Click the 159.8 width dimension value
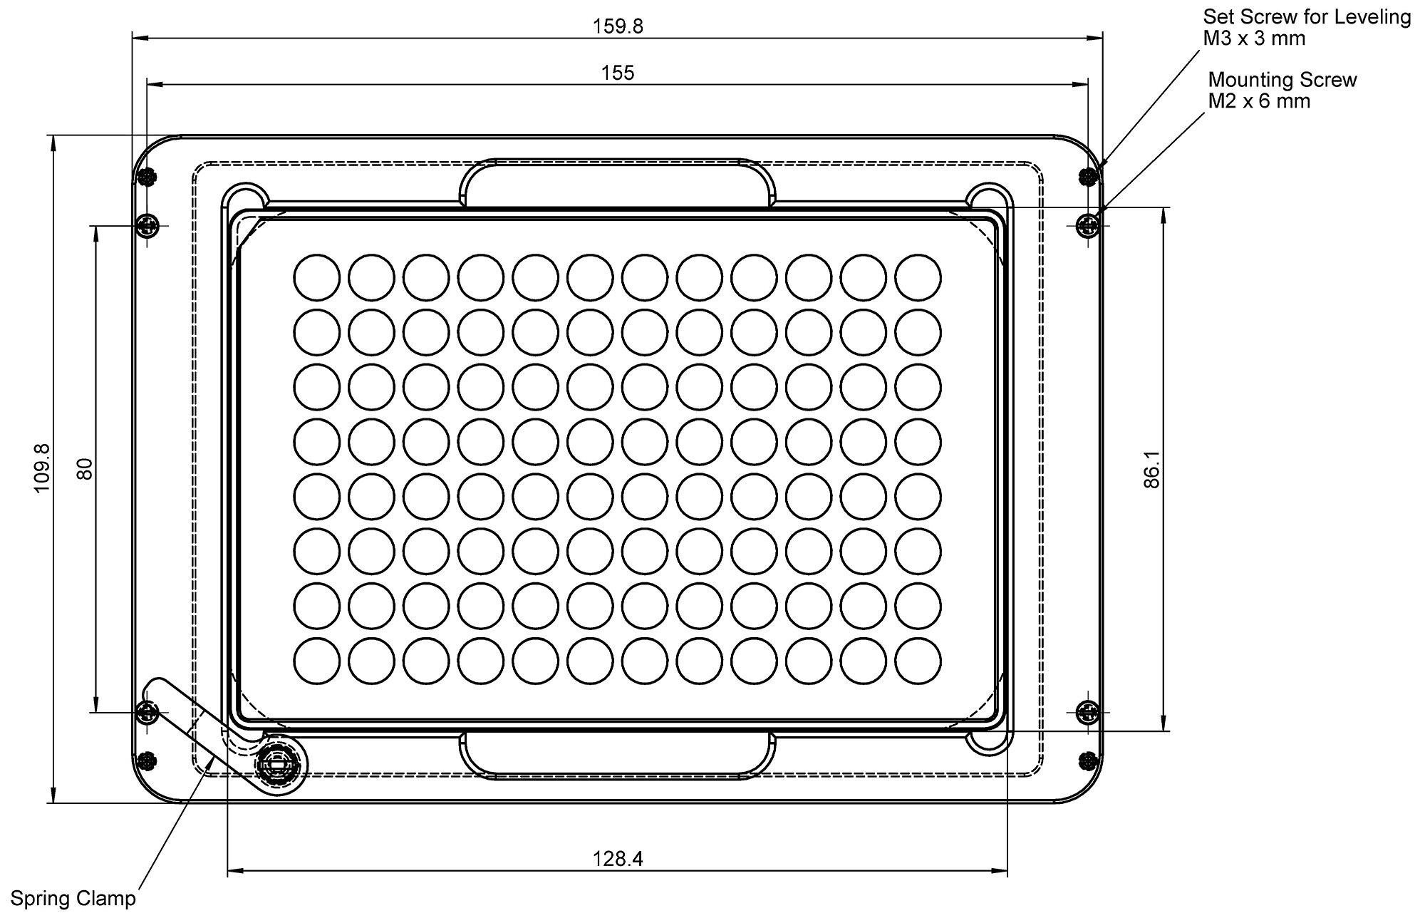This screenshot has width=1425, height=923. coord(617,26)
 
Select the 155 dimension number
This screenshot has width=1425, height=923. coord(617,73)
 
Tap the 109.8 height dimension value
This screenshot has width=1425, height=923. coord(41,468)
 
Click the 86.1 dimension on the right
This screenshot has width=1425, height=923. coord(1152,469)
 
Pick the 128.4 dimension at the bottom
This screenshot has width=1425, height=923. coord(617,859)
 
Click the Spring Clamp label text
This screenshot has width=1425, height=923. coord(73,899)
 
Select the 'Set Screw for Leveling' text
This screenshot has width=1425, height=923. coord(1307,17)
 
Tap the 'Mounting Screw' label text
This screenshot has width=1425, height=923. coord(1282,80)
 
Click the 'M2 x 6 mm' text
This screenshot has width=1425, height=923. coord(1258,101)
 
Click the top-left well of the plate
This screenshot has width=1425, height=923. coord(316,277)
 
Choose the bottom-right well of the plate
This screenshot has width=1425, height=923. coord(918,661)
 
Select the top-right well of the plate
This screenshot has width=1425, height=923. coord(918,277)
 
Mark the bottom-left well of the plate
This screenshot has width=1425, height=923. coord(316,661)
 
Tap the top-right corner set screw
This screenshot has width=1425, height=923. coord(1087,176)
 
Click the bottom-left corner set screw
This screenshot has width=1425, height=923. coord(147,760)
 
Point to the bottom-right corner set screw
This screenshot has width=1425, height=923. coord(1087,760)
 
